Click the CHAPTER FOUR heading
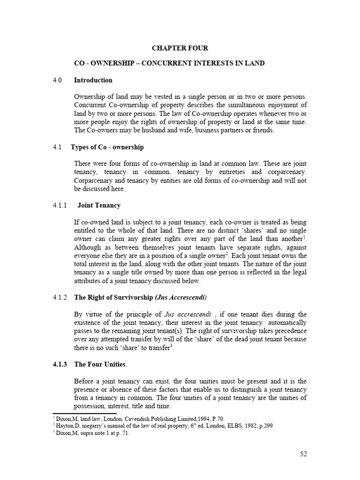click(180, 48)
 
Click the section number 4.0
click(57, 80)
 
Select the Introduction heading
click(93, 80)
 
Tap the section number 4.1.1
click(60, 205)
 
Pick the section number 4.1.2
click(60, 297)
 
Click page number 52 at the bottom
click(303, 454)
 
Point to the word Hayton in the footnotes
click(64, 426)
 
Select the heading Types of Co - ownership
click(107, 147)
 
